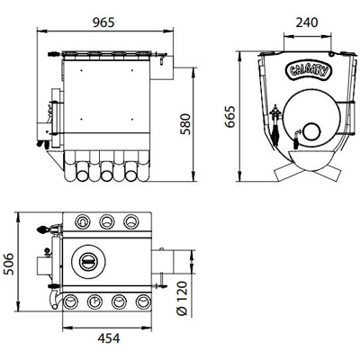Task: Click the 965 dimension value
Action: pos(103,22)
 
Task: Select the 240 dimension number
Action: pos(306,22)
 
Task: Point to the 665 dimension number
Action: pos(230,117)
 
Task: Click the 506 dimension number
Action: pos(8,264)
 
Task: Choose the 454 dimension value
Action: pos(109,338)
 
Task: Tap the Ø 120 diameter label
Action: pos(182,298)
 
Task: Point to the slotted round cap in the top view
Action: pos(87,261)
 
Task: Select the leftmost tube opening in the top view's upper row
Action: pos(82,221)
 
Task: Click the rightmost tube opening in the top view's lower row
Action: pos(143,301)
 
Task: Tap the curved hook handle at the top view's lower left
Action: pos(55,299)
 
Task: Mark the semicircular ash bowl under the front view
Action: pos(310,160)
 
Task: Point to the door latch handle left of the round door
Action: pos(275,126)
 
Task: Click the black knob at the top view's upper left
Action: pos(42,229)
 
